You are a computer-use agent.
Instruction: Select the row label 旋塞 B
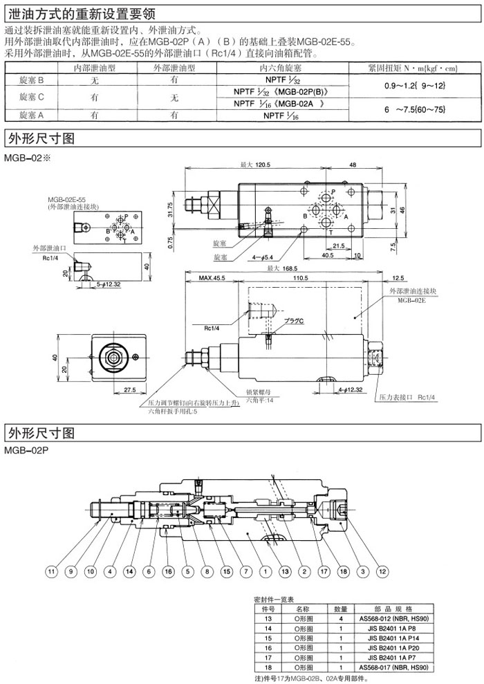coord(32,80)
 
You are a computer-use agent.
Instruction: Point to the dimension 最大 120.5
coord(253,165)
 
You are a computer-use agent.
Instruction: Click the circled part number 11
coord(50,572)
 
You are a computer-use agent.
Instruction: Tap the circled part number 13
coord(285,572)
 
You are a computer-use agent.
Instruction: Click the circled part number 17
coord(323,572)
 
